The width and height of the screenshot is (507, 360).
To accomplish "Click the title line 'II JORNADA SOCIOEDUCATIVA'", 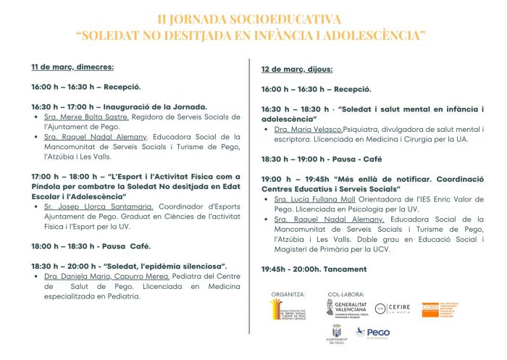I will [253, 20].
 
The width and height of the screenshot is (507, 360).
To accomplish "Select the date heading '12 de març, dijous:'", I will [297, 70].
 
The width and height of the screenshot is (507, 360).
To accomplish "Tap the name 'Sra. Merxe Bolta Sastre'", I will [77, 116].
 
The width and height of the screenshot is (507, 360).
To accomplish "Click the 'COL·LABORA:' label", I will [343, 295].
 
